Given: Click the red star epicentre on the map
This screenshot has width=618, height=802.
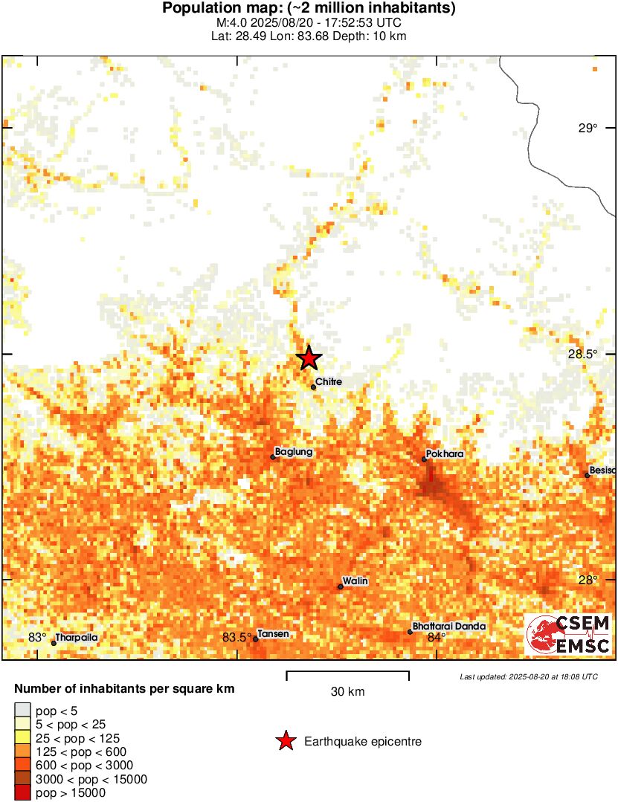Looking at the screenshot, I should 309,358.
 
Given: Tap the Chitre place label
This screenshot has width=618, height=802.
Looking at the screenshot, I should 328,381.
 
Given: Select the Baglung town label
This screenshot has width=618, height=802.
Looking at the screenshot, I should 293,451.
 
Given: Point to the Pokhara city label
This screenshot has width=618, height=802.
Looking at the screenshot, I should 445,453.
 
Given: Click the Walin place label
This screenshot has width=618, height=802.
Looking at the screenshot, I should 355,581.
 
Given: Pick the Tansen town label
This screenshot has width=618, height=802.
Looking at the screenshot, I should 273,634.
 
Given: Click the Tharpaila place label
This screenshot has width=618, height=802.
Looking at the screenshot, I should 77,637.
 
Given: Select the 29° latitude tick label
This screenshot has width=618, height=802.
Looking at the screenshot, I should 588,129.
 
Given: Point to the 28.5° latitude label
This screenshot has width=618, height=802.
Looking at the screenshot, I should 582,354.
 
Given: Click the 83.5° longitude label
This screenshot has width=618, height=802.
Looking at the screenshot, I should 236,637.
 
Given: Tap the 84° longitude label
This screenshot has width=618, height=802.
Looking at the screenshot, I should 436,637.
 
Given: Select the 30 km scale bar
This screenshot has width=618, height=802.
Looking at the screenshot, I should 347,675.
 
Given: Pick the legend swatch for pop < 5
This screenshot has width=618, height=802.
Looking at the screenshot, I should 22,711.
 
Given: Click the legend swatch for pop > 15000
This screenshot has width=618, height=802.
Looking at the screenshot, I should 22,793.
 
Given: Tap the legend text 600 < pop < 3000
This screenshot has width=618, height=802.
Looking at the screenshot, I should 84,766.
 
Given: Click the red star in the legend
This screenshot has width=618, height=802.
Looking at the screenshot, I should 285,741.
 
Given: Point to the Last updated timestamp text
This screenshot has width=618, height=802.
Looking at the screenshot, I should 528,677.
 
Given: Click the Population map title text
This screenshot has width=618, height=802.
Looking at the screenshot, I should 309,9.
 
